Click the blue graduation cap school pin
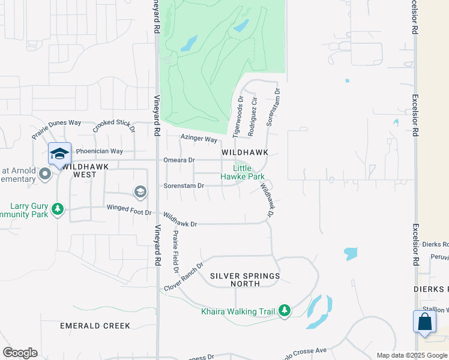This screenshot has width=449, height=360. click(x=59, y=154)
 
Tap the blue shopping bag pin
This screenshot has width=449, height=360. click(x=424, y=321)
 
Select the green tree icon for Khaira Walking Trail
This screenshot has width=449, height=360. click(x=285, y=310)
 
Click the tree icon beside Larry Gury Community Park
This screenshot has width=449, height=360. click(x=58, y=209)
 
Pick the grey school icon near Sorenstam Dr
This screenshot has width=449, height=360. click(x=140, y=191)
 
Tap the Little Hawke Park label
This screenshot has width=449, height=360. click(x=243, y=173)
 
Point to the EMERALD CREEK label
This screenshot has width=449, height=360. click(x=95, y=326)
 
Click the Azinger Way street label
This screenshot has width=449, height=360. click(x=199, y=139)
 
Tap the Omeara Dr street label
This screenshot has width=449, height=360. click(x=179, y=160)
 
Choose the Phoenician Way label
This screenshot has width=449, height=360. click(x=99, y=151)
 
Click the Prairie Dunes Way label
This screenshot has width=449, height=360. click(x=56, y=127)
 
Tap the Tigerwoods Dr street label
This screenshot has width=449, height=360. click(x=238, y=117)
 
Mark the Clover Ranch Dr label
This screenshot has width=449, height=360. click(x=184, y=274)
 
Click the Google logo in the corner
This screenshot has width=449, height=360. click(x=20, y=352)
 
